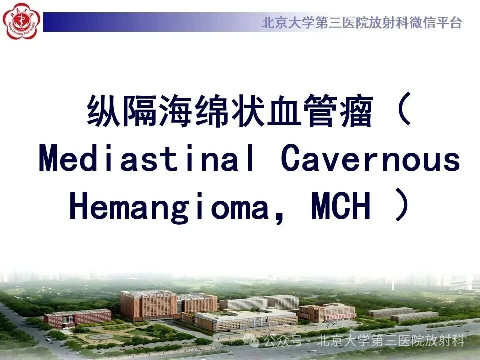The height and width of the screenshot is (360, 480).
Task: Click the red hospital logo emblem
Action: [x=21, y=21]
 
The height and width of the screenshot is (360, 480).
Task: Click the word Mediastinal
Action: [x=147, y=158]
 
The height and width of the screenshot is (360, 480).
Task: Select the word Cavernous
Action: [x=370, y=159]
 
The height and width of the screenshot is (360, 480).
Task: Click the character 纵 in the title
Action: [x=103, y=110]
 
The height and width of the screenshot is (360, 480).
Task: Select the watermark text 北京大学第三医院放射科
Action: [x=391, y=340]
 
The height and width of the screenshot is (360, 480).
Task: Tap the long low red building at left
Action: [x=78, y=318]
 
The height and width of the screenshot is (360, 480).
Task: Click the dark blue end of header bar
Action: [x=52, y=22]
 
